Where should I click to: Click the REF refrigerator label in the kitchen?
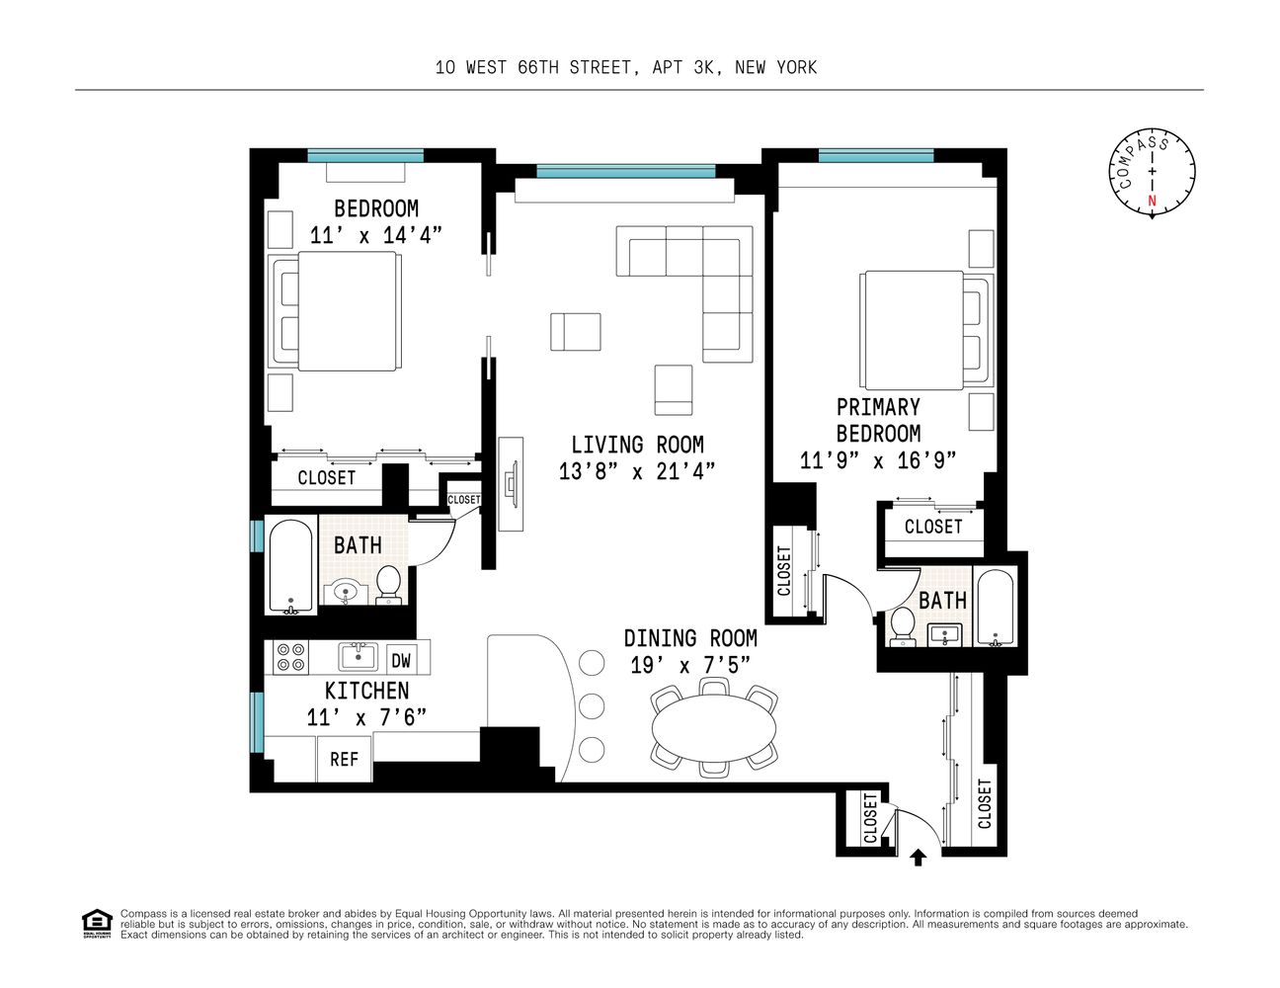(344, 760)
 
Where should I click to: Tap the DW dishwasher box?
(400, 659)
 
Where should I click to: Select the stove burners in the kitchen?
(290, 658)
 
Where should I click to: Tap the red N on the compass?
(1152, 202)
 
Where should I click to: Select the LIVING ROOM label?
(637, 445)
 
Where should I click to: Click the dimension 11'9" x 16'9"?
(877, 460)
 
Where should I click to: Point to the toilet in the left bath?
(388, 584)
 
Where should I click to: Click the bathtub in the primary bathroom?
(994, 607)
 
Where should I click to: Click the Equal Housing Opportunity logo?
(96, 923)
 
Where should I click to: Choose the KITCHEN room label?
(366, 691)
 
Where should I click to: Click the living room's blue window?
(625, 172)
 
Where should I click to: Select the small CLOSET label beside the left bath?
(463, 500)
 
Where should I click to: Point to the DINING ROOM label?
(690, 638)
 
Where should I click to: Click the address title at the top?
(626, 67)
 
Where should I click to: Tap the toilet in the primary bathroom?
(902, 625)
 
